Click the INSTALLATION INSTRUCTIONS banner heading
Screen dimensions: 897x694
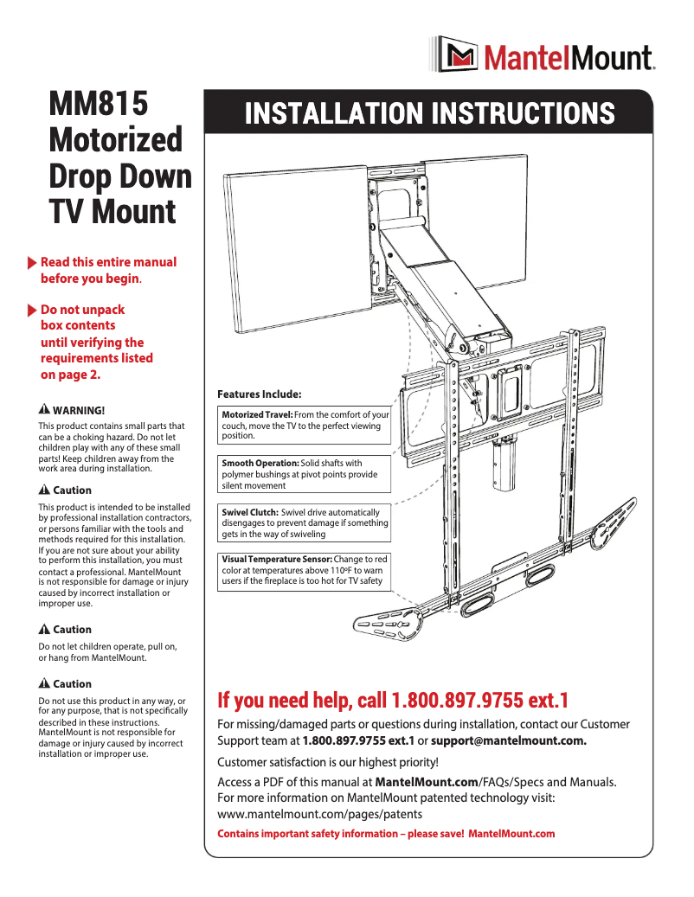429,113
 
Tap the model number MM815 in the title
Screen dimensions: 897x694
98,104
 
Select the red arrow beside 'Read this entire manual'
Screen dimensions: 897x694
32,262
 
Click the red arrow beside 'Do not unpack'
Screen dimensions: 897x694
32,310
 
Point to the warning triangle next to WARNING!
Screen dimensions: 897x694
44,409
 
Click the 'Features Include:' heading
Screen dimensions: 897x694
259,394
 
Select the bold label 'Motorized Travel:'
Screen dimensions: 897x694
257,414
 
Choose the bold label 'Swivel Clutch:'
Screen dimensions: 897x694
249,512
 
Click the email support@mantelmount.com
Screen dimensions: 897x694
509,741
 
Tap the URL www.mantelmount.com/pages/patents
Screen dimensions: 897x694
319,815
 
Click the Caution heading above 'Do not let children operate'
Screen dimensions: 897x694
71,630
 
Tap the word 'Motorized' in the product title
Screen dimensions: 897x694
115,140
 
